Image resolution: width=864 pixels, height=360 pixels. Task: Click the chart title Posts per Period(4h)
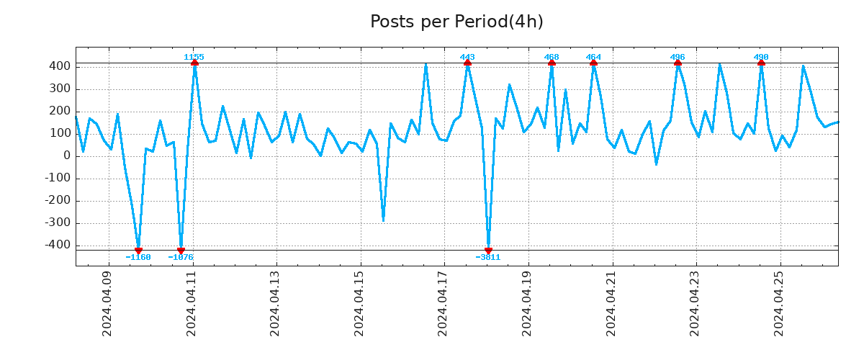(x=456, y=22)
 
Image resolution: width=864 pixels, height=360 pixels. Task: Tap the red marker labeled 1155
(x=194, y=63)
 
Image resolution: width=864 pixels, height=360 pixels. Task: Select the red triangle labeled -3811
(x=488, y=251)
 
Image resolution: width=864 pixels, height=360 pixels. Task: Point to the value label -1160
(x=138, y=257)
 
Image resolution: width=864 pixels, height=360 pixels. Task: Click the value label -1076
(x=181, y=257)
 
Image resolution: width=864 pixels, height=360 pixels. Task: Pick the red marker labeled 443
(x=467, y=63)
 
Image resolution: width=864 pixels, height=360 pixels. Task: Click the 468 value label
(x=552, y=57)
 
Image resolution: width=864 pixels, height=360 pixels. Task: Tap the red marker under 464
(x=593, y=63)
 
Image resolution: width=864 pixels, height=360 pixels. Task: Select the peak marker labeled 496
(x=678, y=63)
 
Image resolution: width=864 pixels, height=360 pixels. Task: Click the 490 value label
(x=761, y=57)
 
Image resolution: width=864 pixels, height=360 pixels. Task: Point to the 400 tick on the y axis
(x=60, y=66)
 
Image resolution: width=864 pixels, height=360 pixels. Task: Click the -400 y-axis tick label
(x=57, y=246)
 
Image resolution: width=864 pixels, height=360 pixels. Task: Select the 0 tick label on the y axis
(x=67, y=156)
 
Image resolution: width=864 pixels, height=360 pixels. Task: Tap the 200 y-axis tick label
(x=60, y=111)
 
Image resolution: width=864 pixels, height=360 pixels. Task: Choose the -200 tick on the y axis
(x=57, y=201)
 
